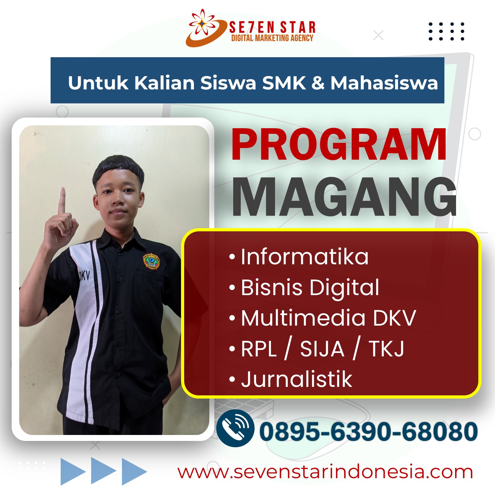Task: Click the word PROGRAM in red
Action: (x=339, y=145)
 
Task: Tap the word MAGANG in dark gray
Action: (x=344, y=197)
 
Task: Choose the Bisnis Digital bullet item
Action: (x=304, y=288)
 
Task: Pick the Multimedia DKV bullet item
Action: (x=322, y=318)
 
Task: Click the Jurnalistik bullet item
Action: (x=291, y=379)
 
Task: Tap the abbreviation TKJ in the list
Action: (x=386, y=349)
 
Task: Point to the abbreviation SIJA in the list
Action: (x=322, y=349)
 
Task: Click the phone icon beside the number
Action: (x=235, y=428)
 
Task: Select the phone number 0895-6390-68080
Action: (x=368, y=432)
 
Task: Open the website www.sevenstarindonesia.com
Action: (x=325, y=472)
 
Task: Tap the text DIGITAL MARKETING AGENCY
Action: (x=272, y=38)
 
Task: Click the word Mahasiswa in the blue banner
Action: (x=384, y=83)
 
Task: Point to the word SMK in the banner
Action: (x=284, y=83)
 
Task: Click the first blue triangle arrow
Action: (x=73, y=471)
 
